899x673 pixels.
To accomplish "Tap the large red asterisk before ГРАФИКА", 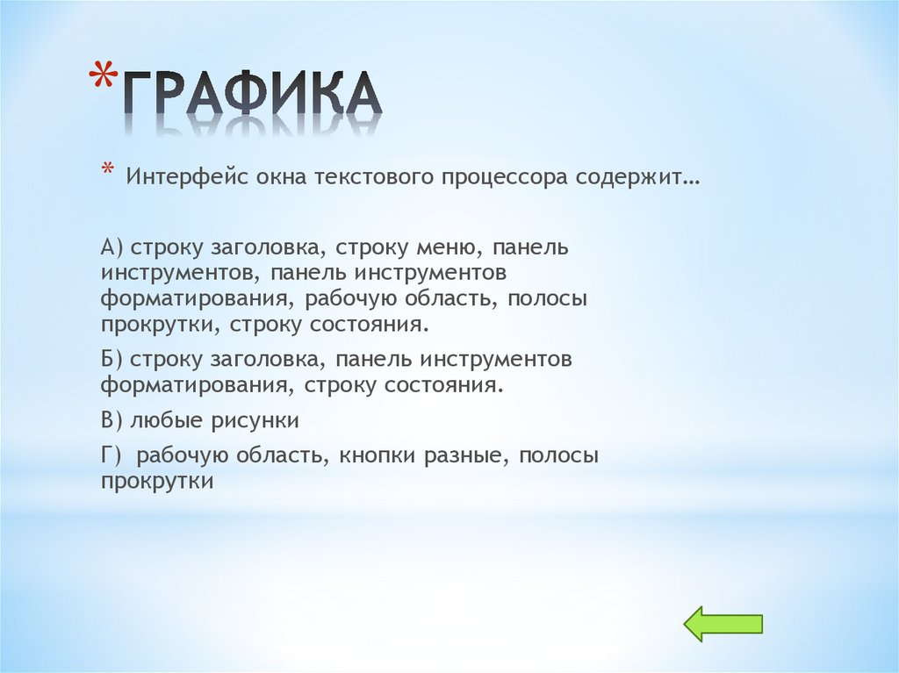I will point(104,79).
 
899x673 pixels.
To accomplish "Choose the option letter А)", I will point(112,248).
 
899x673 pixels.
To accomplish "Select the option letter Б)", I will point(112,360).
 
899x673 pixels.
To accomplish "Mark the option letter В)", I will point(112,421).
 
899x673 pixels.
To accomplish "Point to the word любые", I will point(167,421).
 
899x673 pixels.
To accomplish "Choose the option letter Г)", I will point(111,456).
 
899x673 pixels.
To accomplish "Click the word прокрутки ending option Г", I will point(157,482).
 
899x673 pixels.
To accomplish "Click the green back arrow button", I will point(723,623).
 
